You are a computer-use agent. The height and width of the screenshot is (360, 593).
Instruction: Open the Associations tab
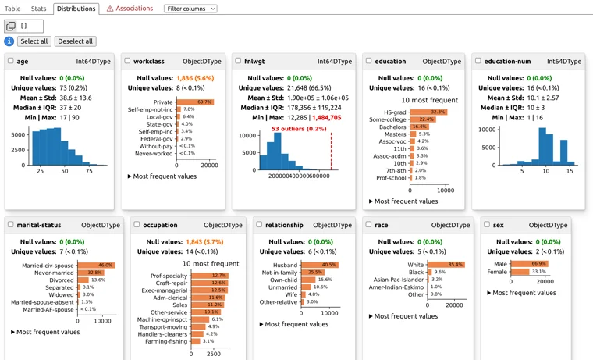[x=130, y=9]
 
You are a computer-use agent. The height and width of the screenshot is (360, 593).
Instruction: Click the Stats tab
[x=39, y=9]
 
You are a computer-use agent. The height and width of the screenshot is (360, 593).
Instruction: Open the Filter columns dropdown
[x=190, y=9]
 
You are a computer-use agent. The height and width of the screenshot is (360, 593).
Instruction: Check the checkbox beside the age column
[x=11, y=61]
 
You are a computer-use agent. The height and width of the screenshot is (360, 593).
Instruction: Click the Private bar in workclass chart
[x=194, y=102]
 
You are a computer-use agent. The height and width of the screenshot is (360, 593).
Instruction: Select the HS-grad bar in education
[x=428, y=112]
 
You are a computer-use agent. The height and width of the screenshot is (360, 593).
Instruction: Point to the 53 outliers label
[x=299, y=128]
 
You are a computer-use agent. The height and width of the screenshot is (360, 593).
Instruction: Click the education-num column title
[x=507, y=61]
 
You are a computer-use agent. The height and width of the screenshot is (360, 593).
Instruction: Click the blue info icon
[x=9, y=41]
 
